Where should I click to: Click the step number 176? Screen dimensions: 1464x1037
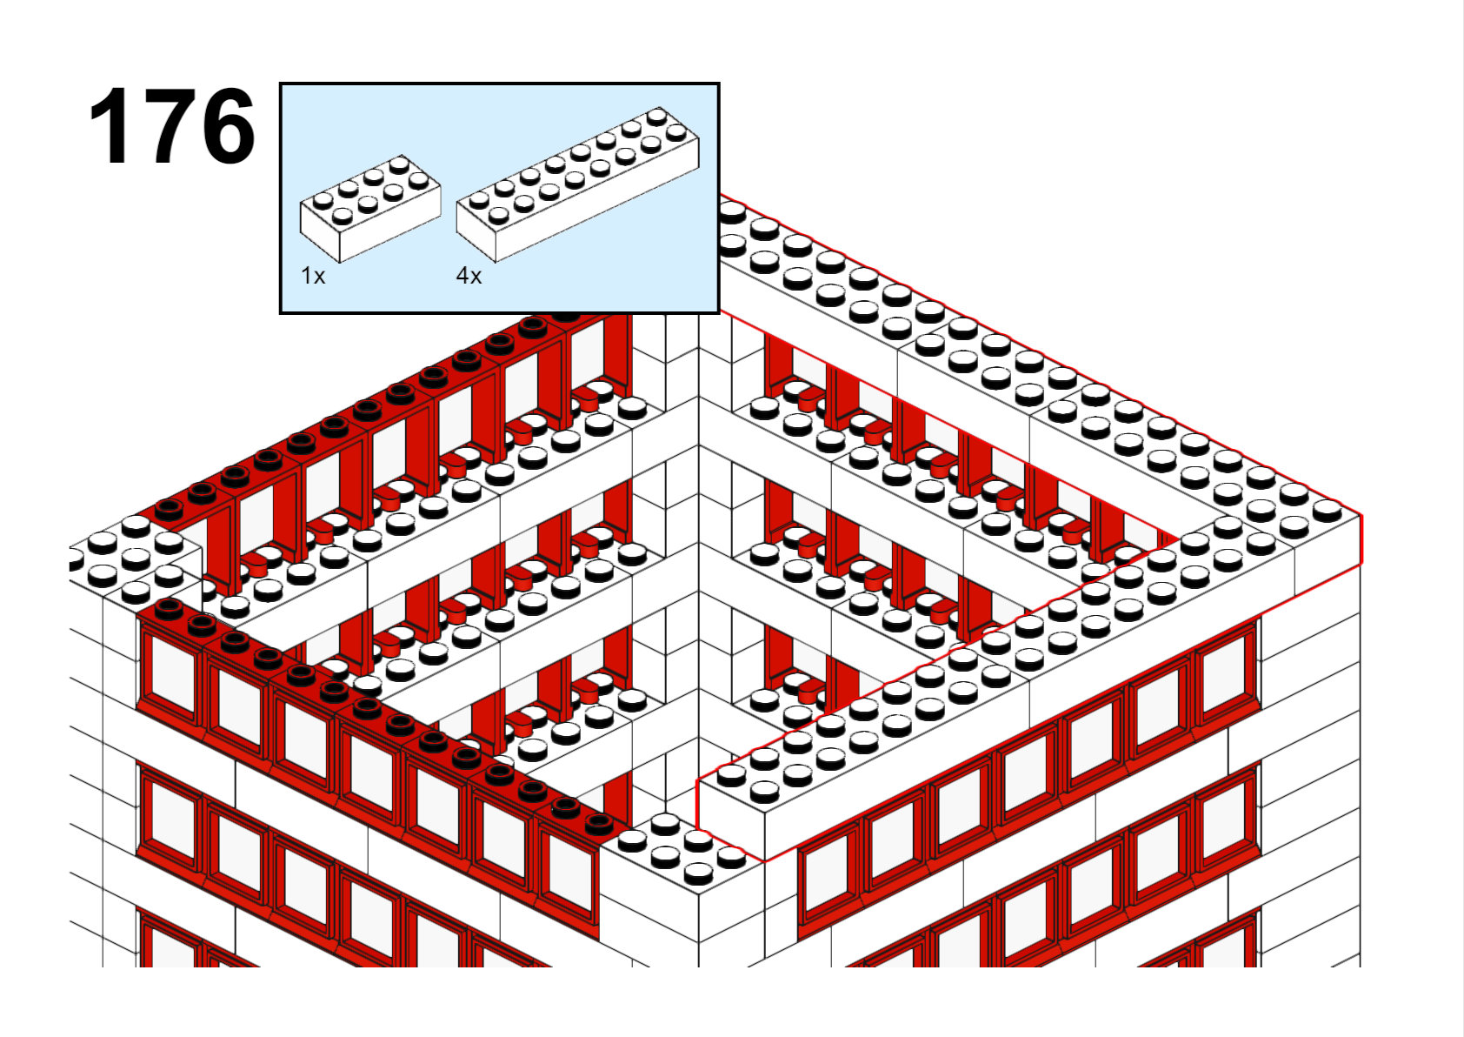coord(171,125)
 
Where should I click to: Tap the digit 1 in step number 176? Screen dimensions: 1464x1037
coord(110,125)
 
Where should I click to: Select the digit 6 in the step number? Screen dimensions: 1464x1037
coord(228,125)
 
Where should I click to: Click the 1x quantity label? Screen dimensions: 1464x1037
coord(313,276)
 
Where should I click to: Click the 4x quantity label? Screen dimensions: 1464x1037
coord(469,276)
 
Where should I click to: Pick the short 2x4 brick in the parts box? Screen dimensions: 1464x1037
coord(370,209)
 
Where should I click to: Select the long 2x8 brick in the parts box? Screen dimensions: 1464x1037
coord(578,184)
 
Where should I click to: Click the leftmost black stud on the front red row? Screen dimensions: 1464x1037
coord(168,609)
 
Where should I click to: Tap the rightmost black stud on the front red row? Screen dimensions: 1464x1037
coord(599,825)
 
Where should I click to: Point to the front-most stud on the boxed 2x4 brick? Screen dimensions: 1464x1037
coord(338,216)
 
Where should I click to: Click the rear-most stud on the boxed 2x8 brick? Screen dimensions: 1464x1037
coord(657,117)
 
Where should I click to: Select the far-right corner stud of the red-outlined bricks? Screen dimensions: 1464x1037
coord(1328,510)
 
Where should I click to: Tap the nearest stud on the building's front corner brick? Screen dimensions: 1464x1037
coord(698,871)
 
